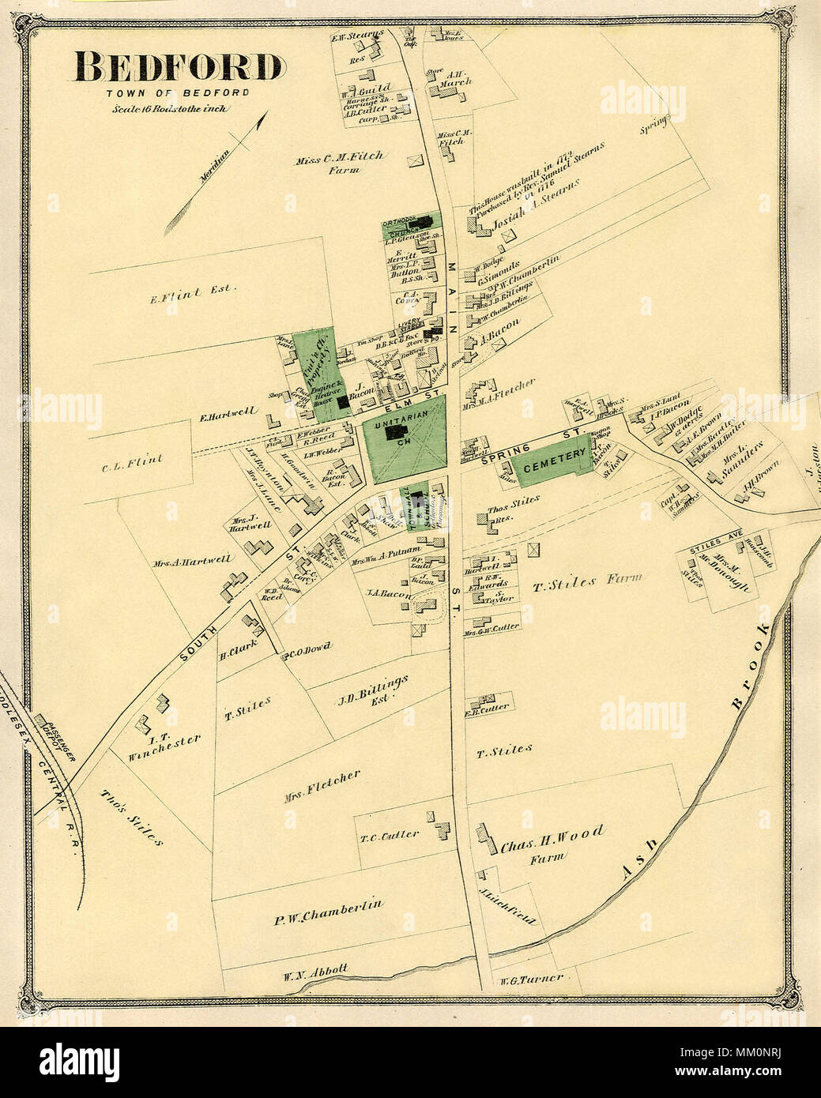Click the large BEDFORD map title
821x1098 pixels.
click(x=179, y=69)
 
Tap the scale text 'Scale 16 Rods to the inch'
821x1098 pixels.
click(x=170, y=108)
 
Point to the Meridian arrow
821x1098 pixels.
click(x=218, y=166)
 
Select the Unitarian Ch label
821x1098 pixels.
click(x=404, y=432)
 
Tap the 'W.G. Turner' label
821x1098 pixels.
click(x=530, y=979)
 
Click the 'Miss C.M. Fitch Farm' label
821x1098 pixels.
click(x=340, y=161)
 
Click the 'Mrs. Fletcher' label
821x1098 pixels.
click(x=322, y=785)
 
